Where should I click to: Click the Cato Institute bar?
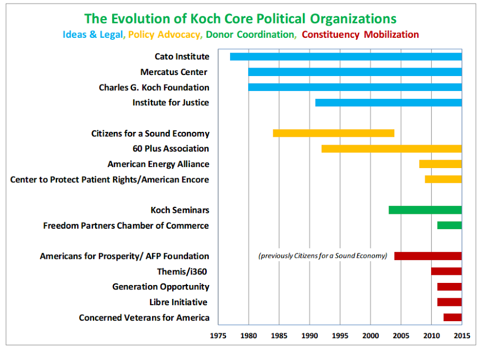tap(345, 57)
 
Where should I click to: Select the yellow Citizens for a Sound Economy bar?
tap(333, 133)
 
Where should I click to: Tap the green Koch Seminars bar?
tap(425, 210)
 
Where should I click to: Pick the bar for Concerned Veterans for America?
tap(452, 317)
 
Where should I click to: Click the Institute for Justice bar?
tap(388, 103)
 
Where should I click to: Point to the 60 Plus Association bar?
tap(391, 149)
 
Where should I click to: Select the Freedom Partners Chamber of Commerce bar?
tap(449, 225)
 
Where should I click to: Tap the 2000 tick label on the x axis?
tap(370, 336)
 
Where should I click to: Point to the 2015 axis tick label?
tap(462, 336)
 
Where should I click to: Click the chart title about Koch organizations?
tap(240, 19)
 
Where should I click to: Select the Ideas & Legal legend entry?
tap(92, 35)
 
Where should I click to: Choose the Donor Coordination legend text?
tap(250, 35)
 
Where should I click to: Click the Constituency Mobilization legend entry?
tap(360, 35)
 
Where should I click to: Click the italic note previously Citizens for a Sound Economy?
tap(323, 256)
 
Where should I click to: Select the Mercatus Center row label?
tap(174, 72)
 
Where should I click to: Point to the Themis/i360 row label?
tap(183, 271)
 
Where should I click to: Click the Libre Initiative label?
tap(179, 302)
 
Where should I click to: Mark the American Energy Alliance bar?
tap(440, 164)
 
